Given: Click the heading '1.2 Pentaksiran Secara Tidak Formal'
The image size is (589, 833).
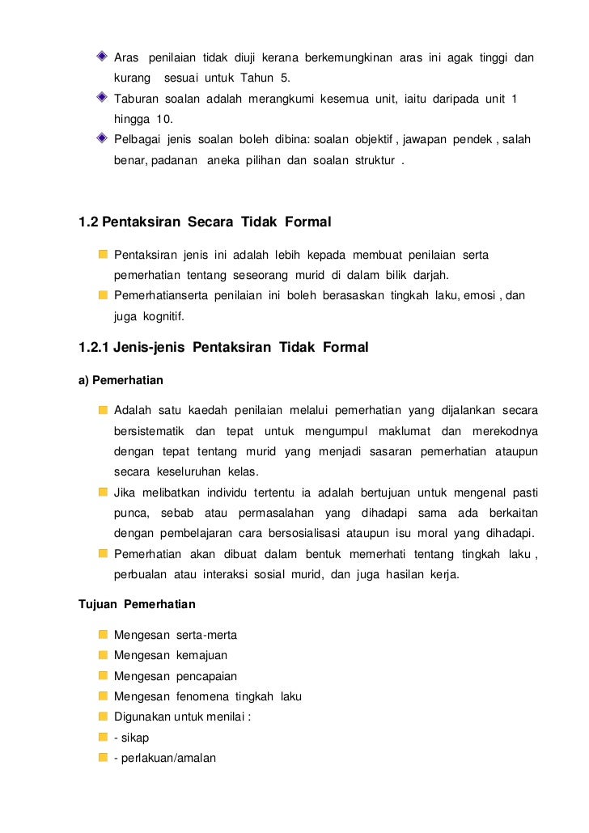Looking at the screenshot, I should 205,222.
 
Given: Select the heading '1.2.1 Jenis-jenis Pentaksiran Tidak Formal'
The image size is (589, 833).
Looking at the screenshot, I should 223,348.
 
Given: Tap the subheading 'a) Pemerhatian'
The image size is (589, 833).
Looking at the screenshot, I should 121,380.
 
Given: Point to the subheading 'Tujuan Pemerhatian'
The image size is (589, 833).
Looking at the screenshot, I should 137,604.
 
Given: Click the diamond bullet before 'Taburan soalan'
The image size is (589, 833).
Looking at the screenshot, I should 101,98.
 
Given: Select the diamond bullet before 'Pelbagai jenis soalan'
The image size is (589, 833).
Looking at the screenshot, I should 101,138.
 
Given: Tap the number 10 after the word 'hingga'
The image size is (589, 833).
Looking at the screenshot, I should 164,118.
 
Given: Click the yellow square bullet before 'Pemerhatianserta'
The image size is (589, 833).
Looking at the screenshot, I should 103,295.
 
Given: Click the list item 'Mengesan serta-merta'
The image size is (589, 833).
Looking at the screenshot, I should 176,635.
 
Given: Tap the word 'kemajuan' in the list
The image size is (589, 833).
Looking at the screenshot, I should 201,655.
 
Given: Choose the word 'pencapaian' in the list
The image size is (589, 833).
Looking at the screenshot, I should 206,676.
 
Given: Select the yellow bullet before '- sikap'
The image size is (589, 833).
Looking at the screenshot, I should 103,738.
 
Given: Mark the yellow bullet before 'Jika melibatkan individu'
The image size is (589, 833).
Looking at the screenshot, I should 103,492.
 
